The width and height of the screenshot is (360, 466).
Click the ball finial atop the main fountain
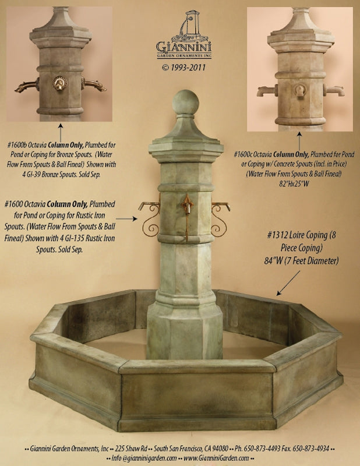click(185, 103)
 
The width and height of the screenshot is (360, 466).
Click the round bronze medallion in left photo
click(60, 83)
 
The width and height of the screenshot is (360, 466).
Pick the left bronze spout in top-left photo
click(27, 87)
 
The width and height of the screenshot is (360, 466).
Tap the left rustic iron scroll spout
click(149, 218)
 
